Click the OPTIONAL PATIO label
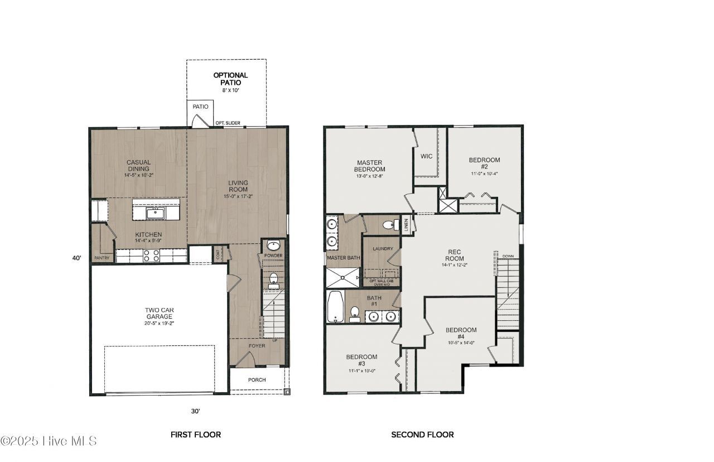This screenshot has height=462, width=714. pyautogui.click(x=230, y=79)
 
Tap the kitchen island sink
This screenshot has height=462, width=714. pyautogui.click(x=155, y=213)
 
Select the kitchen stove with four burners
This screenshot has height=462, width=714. pyautogui.click(x=152, y=256)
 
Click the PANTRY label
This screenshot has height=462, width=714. pyautogui.click(x=102, y=258)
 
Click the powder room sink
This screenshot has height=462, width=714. pyautogui.click(x=273, y=246)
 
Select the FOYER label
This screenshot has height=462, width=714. pyautogui.click(x=257, y=346)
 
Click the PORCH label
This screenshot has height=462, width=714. pyautogui.click(x=257, y=380)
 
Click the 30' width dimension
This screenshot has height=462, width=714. pyautogui.click(x=195, y=411)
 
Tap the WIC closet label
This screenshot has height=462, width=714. pyautogui.click(x=426, y=156)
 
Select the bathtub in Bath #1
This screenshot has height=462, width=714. pyautogui.click(x=335, y=306)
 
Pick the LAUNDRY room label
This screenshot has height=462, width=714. pyautogui.click(x=383, y=249)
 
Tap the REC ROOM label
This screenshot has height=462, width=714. pyautogui.click(x=455, y=255)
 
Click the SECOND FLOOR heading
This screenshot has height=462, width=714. pyautogui.click(x=422, y=434)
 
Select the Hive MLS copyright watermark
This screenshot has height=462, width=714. pyautogui.click(x=49, y=441)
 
